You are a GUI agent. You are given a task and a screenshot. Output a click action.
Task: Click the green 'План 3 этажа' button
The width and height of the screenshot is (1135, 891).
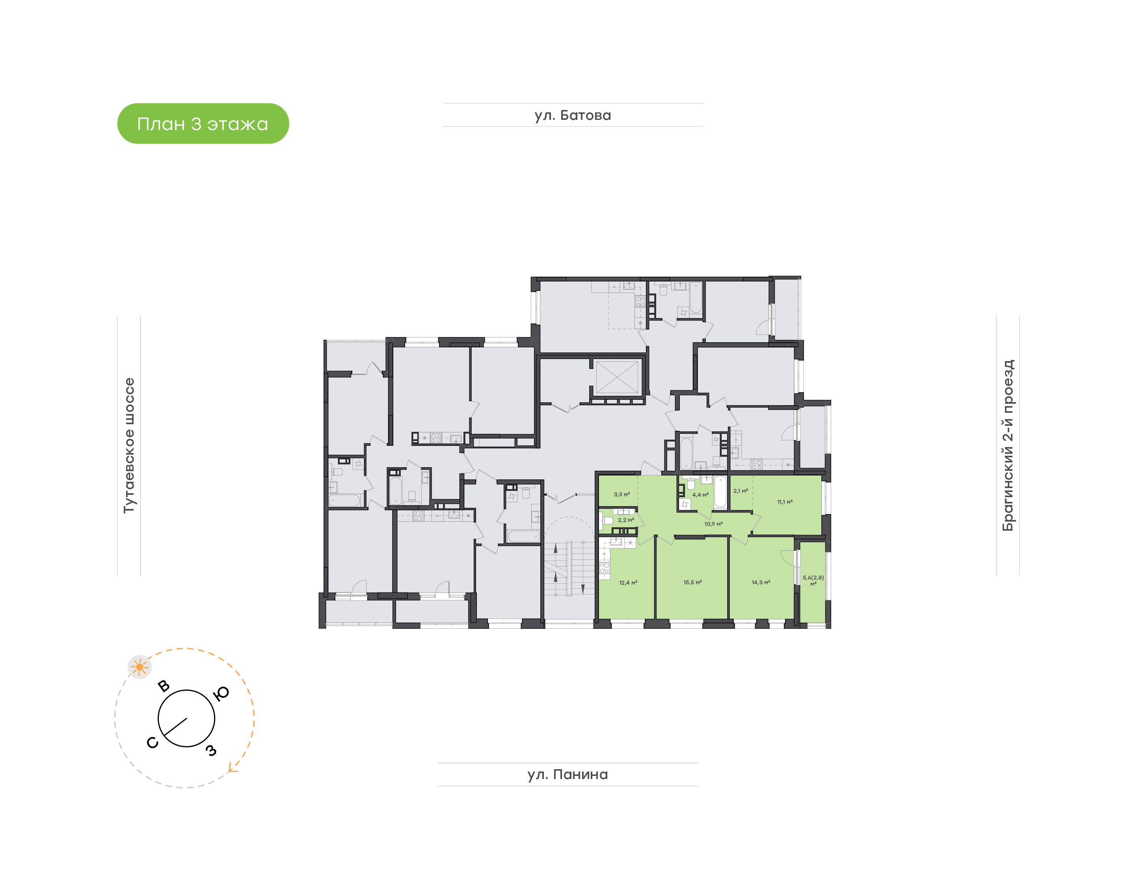(203, 124)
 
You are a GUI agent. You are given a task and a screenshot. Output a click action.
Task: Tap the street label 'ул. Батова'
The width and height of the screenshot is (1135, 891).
(573, 115)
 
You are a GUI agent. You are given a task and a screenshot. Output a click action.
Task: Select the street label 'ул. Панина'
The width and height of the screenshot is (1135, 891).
(567, 774)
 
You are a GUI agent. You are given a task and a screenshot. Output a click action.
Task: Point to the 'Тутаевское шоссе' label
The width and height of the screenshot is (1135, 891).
(129, 445)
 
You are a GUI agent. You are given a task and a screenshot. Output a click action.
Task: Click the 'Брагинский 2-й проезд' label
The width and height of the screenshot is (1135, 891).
(1007, 445)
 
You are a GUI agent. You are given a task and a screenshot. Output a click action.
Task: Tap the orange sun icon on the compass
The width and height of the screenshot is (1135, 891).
(139, 667)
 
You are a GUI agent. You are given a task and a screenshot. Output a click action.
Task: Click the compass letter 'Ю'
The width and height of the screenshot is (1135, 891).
(221, 693)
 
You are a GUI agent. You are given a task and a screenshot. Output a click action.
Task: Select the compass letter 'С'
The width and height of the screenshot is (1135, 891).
(152, 742)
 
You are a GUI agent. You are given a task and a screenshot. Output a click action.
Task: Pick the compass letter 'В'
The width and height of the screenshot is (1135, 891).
(164, 686)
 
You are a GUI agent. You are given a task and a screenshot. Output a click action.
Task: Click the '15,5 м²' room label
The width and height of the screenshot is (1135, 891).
(692, 582)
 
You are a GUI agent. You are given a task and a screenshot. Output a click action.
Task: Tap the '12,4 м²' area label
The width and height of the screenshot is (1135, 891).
(628, 583)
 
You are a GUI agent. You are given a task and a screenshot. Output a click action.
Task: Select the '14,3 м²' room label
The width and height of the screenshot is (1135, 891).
(761, 582)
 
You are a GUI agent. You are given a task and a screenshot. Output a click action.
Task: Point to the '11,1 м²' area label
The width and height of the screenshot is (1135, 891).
(785, 502)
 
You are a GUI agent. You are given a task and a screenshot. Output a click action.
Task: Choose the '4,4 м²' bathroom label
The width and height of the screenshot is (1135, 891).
(700, 494)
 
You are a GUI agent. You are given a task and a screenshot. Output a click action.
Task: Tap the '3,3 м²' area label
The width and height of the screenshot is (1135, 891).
(621, 494)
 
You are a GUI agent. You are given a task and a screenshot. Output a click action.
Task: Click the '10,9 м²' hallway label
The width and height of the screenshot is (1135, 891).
(713, 524)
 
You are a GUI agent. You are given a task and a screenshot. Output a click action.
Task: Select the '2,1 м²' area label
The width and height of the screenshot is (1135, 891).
(741, 491)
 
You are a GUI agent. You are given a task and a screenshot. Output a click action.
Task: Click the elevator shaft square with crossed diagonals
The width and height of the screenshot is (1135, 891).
(617, 376)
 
